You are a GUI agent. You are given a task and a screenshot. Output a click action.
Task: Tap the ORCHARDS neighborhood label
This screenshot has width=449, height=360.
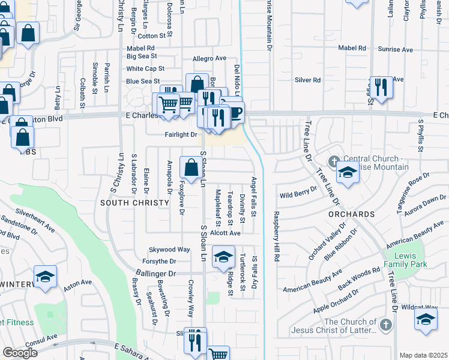tap(351, 214)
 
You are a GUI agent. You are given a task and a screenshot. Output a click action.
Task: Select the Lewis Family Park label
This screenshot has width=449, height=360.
tap(404, 259)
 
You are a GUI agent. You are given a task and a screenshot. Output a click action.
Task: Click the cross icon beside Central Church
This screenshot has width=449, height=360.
tap(334, 161)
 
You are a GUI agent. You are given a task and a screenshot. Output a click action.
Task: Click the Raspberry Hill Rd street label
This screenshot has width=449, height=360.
tap(277, 236)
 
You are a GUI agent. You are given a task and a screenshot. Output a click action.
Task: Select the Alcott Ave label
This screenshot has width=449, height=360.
tap(226, 233)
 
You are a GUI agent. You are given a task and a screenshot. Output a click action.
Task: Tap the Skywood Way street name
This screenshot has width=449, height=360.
tap(169, 249)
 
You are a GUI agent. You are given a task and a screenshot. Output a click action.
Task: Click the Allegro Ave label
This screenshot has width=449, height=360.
tap(209, 58)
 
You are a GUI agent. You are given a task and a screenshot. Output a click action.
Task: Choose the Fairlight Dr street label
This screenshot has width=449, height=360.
tap(181, 135)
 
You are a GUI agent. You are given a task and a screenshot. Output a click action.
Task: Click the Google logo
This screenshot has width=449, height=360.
tap(20, 352)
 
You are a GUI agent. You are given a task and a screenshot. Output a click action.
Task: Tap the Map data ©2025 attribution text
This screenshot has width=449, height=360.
tap(423, 355)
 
